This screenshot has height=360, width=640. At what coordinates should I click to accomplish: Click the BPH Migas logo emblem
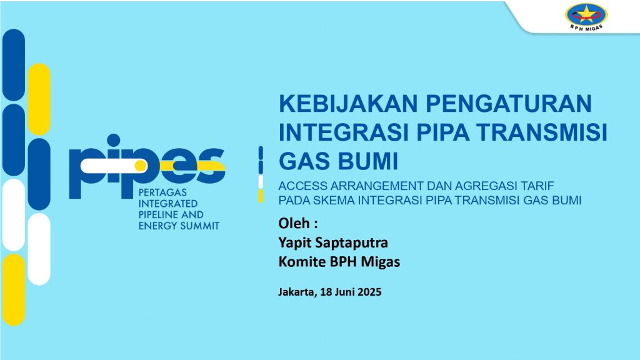[x=586, y=16]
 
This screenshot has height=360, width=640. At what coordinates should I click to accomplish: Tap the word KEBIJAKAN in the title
[x=348, y=103]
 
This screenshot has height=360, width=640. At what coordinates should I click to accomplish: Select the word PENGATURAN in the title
[x=509, y=103]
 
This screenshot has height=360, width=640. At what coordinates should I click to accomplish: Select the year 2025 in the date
[x=369, y=292]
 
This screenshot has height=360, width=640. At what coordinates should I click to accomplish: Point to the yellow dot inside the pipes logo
[x=141, y=166]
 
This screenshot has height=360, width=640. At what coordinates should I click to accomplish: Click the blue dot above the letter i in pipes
[x=113, y=140]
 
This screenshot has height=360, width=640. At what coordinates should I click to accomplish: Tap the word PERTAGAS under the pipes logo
[x=162, y=192]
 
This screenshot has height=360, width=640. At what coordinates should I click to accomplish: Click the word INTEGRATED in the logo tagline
[x=168, y=203]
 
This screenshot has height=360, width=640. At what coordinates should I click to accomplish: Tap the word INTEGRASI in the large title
[x=344, y=132]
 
